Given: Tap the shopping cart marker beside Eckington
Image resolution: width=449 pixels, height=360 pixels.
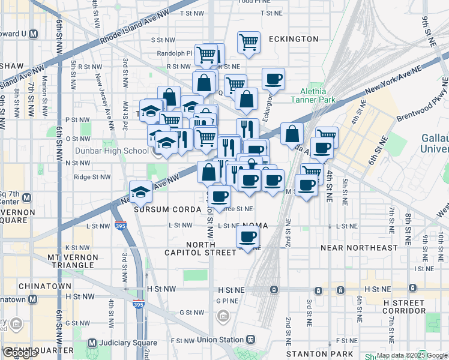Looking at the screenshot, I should coord(249,42).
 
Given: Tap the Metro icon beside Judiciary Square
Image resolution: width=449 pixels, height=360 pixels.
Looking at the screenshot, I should coord(92,343).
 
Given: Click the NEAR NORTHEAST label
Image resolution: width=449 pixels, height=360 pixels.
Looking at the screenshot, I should coord(359,247).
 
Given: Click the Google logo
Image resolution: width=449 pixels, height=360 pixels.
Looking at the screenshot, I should coord(20,353).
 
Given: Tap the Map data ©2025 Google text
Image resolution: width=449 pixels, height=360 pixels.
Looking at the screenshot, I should coord(411,355).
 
